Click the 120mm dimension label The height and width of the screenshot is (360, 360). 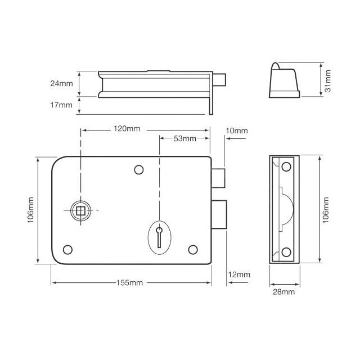[126, 129]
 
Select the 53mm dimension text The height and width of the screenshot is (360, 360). [185, 138]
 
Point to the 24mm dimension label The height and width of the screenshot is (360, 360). [61, 84]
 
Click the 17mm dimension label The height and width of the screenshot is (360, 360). [61, 105]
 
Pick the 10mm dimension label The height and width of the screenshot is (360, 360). [236, 131]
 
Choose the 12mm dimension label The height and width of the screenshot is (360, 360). [239, 274]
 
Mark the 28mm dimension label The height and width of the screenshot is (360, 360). [283, 292]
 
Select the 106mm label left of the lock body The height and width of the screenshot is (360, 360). [31, 209]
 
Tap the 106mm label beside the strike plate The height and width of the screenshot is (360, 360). [328, 209]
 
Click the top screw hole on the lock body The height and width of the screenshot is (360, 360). [138, 169]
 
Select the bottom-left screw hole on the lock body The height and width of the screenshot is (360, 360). [68, 250]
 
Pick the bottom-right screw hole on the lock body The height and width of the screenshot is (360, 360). [193, 250]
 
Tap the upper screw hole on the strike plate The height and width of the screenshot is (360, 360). [286, 166]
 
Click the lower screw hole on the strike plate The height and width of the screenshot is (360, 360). [286, 251]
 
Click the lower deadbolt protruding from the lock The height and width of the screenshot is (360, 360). [220, 214]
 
